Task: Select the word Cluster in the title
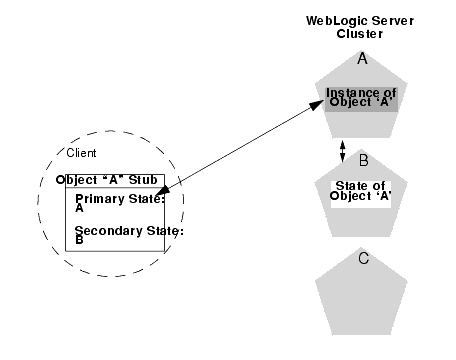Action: click(361, 33)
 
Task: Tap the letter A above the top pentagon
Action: click(362, 59)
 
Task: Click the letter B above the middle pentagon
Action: click(364, 160)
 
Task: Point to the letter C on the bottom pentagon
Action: click(364, 258)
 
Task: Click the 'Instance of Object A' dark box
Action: click(362, 99)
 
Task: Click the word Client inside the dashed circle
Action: click(81, 152)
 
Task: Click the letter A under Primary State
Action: click(80, 208)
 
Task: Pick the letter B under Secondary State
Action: click(80, 241)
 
